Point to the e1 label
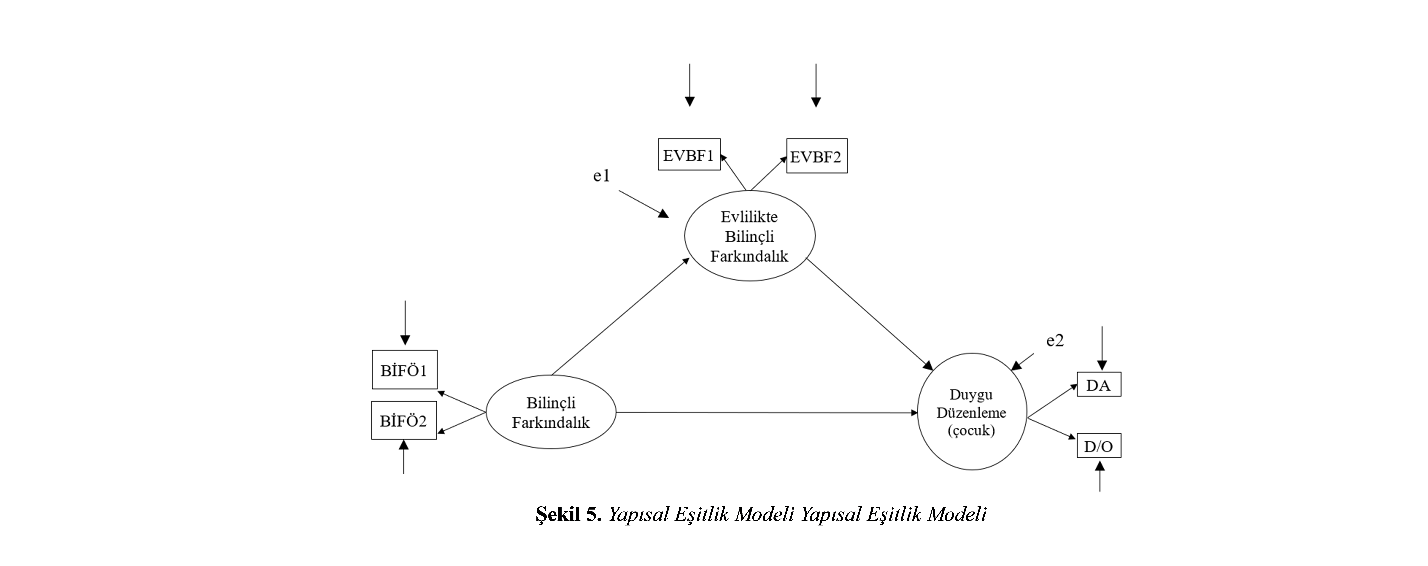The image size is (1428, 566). click(601, 176)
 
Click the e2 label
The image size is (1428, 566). click(1055, 341)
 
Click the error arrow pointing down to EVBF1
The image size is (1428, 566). click(690, 85)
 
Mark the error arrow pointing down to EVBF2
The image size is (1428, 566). click(815, 85)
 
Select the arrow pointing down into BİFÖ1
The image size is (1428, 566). click(405, 323)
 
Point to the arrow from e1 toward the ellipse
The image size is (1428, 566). click(644, 204)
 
